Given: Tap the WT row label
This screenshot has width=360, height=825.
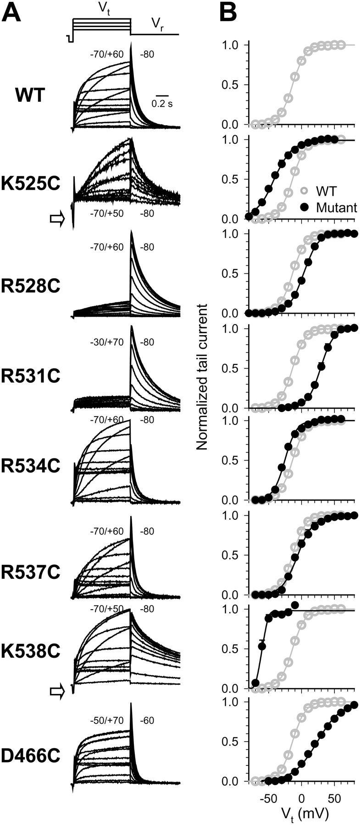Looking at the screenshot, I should pyautogui.click(x=30, y=96).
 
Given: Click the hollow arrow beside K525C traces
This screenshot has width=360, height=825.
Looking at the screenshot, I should pyautogui.click(x=57, y=220).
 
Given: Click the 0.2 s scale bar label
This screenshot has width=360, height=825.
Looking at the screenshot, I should pyautogui.click(x=162, y=104).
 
